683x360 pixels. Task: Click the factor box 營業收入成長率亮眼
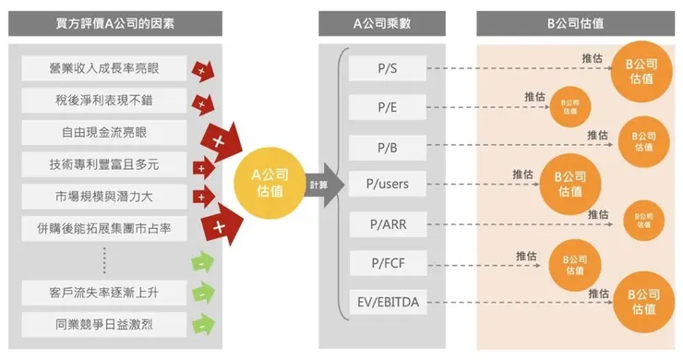(103, 67)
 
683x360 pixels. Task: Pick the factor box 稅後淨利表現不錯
(103, 100)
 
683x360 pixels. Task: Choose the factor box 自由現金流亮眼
(103, 132)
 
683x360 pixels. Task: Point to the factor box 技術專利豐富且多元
(103, 164)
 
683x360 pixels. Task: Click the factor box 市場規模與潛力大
(103, 196)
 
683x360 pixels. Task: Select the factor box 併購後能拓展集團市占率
(103, 227)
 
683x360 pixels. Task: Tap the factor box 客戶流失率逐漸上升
(103, 293)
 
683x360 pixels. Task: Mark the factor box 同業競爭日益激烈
(103, 324)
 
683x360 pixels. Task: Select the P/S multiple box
(388, 67)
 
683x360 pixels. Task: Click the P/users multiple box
(388, 184)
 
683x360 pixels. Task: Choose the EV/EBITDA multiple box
(388, 302)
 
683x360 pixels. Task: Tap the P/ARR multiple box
(388, 224)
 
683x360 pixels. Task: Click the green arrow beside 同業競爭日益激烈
(202, 324)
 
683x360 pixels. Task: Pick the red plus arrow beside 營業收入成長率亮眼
(201, 69)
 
